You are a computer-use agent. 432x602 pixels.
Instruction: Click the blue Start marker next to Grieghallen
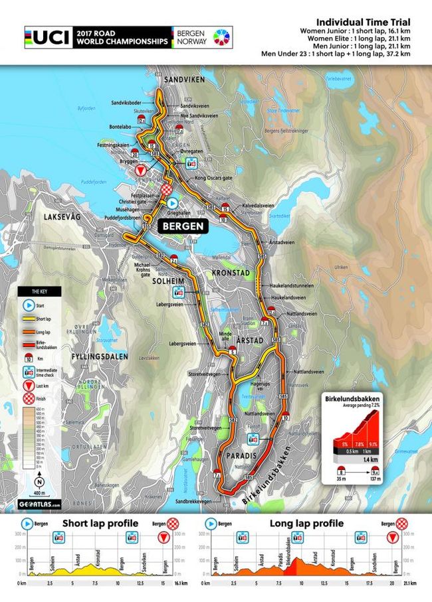point(171,203)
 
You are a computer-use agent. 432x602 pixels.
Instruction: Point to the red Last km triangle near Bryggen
point(141,171)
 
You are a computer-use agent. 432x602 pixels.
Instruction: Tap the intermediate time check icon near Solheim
point(178,292)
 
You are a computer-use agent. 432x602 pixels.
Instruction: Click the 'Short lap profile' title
point(100,523)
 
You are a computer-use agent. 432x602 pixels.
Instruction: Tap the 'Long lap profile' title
point(306,523)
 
